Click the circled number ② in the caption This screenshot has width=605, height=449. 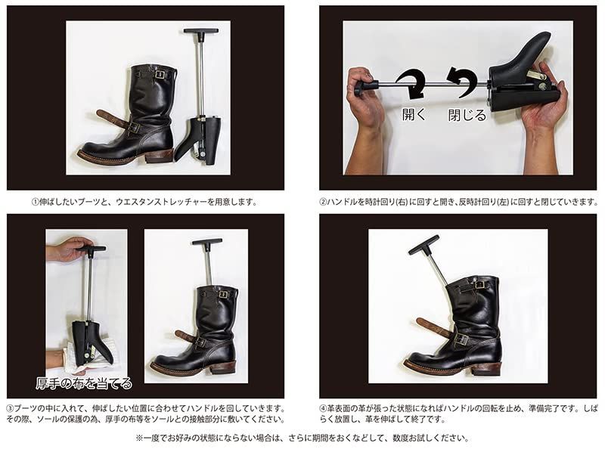tap(323, 202)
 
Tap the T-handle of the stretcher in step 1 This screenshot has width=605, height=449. tap(200, 32)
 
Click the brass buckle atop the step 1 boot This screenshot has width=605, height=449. tap(160, 74)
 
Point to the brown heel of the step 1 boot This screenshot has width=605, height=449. tap(159, 155)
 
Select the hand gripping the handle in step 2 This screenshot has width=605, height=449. tap(365, 94)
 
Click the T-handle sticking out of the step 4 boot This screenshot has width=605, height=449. tap(423, 244)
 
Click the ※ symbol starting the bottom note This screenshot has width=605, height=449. tap(139, 437)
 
